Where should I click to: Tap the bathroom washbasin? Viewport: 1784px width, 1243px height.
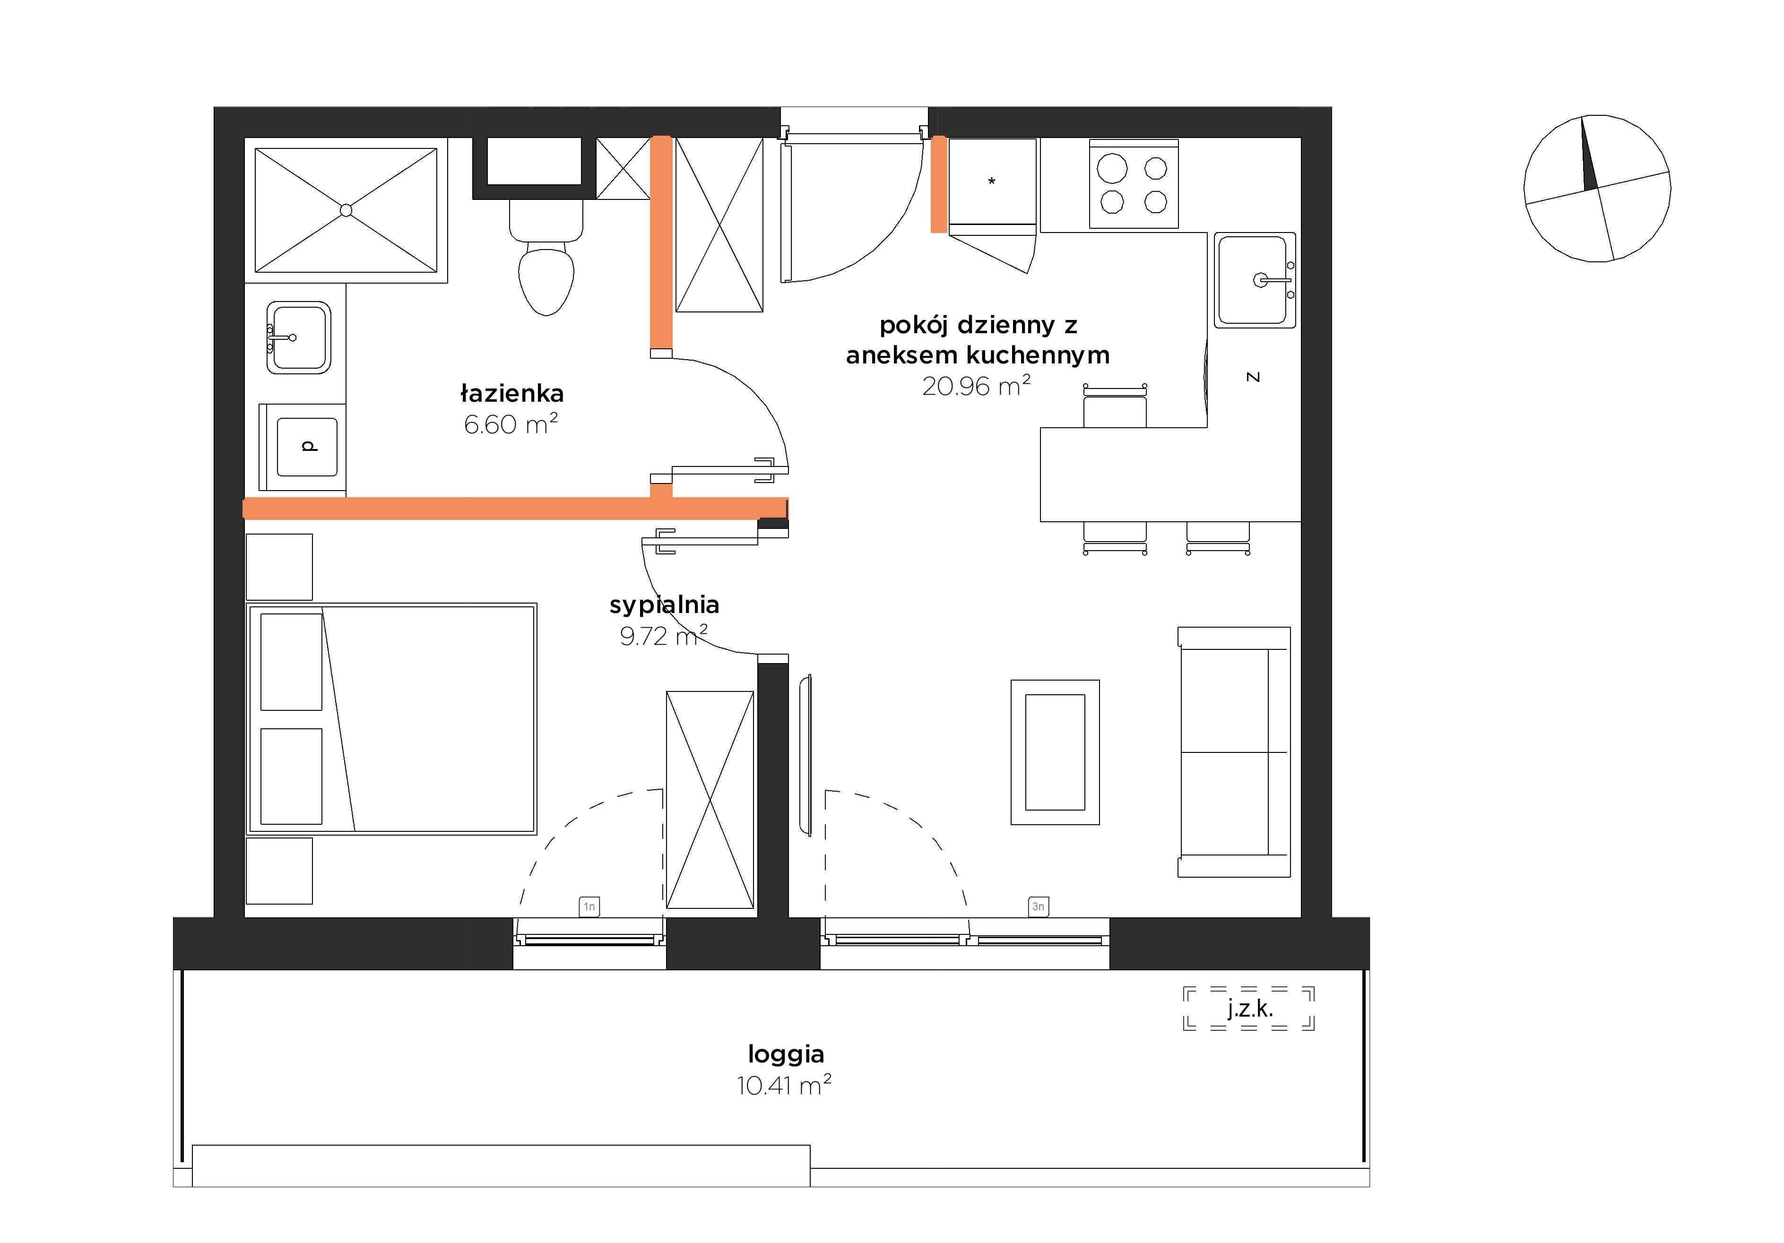click(x=298, y=337)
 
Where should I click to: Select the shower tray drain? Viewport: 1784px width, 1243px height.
click(x=346, y=210)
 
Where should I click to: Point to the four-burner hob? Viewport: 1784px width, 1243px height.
click(x=1134, y=184)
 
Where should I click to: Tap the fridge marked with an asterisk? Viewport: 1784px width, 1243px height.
click(x=992, y=182)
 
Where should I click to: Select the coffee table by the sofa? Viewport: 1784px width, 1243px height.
click(x=1055, y=752)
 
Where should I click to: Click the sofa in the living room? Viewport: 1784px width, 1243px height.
click(x=1234, y=752)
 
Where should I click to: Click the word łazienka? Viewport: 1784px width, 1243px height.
click(x=511, y=393)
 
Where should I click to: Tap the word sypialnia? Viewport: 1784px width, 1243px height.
click(x=664, y=605)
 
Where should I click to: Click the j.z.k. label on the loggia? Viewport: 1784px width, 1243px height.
click(x=1249, y=1009)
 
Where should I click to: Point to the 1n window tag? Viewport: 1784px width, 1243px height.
click(x=589, y=906)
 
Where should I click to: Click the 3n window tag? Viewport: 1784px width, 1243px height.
click(x=1038, y=906)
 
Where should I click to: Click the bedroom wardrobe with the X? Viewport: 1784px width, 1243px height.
click(x=710, y=800)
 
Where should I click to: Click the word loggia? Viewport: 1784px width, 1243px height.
click(x=786, y=1055)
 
